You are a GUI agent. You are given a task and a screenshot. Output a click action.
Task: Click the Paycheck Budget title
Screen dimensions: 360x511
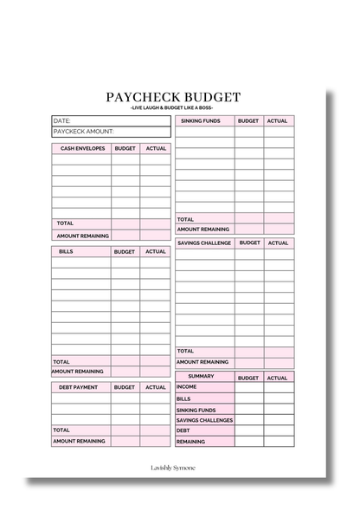(x=173, y=98)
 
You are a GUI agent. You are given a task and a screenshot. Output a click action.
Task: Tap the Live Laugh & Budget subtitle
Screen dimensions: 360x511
(x=173, y=108)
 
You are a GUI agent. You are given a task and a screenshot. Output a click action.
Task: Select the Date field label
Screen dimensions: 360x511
(x=62, y=120)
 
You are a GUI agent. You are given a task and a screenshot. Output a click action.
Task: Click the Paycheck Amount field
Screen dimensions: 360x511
(x=111, y=132)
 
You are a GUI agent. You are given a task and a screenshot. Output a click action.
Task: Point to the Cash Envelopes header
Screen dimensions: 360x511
(x=82, y=149)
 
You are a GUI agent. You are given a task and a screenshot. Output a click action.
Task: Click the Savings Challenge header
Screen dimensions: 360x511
(x=204, y=243)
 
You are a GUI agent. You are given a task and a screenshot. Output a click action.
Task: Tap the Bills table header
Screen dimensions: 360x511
(x=67, y=252)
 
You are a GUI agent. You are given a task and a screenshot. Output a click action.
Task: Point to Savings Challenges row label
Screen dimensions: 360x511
(x=205, y=420)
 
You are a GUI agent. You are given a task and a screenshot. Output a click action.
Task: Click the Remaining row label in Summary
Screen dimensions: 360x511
(x=191, y=442)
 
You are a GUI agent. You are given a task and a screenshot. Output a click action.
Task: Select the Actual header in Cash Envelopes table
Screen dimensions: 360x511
(x=156, y=149)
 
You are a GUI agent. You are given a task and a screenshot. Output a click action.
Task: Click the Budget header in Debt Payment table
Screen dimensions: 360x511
(x=125, y=388)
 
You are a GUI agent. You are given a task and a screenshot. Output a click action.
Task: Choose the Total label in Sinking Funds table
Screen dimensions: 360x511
(x=186, y=219)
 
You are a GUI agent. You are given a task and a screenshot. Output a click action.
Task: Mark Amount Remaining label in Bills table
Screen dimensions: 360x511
(x=80, y=372)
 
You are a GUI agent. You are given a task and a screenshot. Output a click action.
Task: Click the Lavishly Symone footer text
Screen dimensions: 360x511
(x=173, y=467)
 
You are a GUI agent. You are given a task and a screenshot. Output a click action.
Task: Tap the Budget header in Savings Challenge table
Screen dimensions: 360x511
(x=248, y=243)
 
